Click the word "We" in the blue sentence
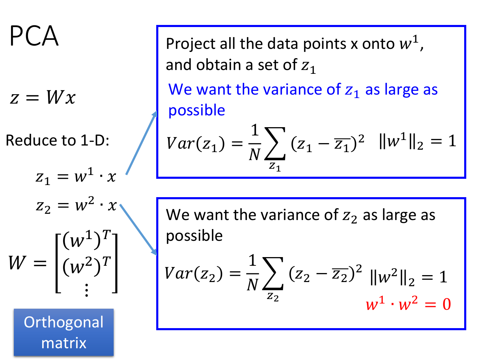point(180,89)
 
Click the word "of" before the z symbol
point(334,89)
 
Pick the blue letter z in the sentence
point(349,90)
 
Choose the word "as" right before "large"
point(373,90)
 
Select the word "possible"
point(197,111)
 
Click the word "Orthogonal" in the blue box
point(64,322)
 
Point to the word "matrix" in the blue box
point(64,343)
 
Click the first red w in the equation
point(372,305)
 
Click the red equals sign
point(430,305)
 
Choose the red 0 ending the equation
point(447,304)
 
